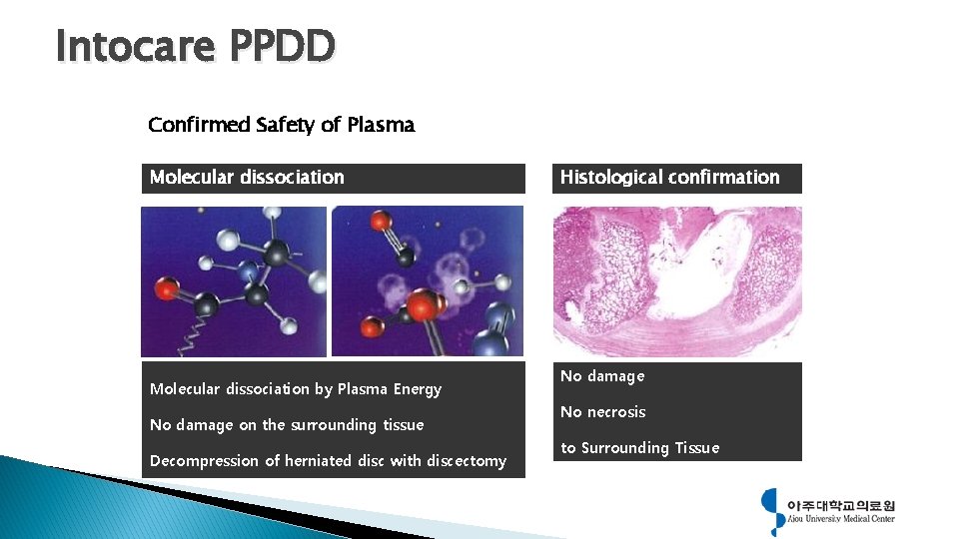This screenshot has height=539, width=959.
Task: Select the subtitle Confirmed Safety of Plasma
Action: [x=281, y=125]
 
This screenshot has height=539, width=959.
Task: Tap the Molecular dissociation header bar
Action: [x=333, y=178]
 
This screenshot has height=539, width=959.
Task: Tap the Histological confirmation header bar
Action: [x=676, y=178]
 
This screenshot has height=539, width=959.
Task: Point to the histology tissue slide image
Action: [x=677, y=281]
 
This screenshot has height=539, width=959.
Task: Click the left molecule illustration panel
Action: [x=234, y=281]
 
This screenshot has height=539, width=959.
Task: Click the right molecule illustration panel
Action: [x=428, y=281]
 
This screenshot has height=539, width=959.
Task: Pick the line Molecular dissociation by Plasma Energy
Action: [x=296, y=388]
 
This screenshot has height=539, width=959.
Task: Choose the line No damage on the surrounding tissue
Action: [x=287, y=424]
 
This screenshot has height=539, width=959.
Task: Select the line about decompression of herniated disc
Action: [x=328, y=460]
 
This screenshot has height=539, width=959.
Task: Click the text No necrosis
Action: [x=603, y=411]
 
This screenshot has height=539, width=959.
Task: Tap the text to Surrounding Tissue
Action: [x=639, y=447]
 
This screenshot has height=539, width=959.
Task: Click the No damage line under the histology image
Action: [x=602, y=375]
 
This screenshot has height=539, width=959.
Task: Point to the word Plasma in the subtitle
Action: [x=381, y=125]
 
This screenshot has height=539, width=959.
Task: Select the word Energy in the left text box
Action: [x=419, y=388]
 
